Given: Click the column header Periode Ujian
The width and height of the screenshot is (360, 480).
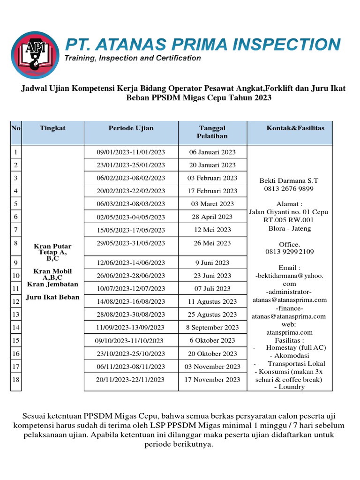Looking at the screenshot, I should point(131,128).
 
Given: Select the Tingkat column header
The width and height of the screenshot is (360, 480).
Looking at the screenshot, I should point(52,128).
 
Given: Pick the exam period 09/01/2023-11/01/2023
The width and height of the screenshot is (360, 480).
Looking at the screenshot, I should point(131,152).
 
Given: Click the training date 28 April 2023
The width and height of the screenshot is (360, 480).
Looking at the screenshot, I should point(212,217).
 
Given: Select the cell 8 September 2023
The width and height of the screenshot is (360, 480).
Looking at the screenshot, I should point(212,327).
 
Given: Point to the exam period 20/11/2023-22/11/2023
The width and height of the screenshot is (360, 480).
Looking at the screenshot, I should point(131,380).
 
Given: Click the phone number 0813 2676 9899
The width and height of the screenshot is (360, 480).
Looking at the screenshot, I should point(289,189).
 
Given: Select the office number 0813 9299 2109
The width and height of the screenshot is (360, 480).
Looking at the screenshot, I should point(290,252).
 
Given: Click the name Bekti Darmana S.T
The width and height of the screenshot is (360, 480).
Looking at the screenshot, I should point(289,180).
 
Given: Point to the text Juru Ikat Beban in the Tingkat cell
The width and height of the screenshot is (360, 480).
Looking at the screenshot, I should point(53,297).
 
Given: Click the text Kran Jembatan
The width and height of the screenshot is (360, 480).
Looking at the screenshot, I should point(52,284).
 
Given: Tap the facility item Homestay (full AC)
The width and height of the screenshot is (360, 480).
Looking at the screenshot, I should point(295,347).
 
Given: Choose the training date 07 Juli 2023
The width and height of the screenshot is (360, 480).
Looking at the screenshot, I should point(212,288).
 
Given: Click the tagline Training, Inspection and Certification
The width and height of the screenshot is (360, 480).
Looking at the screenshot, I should point(133,58).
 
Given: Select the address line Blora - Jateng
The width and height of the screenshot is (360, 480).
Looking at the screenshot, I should point(289,229).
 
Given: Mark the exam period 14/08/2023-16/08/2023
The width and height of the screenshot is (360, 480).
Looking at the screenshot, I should point(131,301).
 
